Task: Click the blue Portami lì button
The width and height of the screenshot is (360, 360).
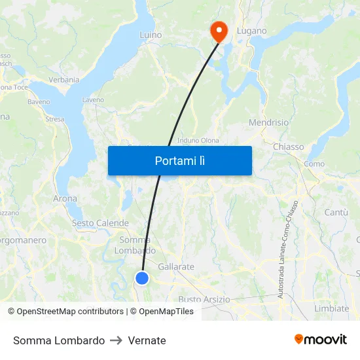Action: click(x=179, y=160)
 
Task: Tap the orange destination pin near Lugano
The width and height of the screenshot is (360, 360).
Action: click(x=217, y=31)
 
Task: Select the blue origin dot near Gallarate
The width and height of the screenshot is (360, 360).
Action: click(x=142, y=278)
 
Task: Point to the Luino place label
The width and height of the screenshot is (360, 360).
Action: click(x=151, y=35)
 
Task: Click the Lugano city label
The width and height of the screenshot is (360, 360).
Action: click(x=252, y=31)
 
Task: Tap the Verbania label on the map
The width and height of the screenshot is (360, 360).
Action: click(x=63, y=80)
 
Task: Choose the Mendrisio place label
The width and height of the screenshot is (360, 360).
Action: click(x=268, y=122)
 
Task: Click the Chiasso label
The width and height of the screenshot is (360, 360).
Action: click(x=288, y=147)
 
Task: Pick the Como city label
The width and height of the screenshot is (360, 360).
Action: click(x=314, y=164)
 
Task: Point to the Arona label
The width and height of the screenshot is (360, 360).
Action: click(x=65, y=198)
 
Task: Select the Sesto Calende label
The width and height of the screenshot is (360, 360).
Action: click(x=100, y=223)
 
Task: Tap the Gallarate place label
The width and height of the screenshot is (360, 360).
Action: click(x=176, y=267)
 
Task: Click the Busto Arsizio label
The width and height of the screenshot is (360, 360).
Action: click(x=204, y=299)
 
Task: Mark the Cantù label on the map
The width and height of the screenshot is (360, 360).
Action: click(x=336, y=212)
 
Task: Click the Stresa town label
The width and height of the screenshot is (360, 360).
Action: click(x=55, y=119)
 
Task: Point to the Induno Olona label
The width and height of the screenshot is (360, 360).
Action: click(x=198, y=140)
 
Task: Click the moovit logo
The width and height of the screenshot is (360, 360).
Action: click(x=321, y=340)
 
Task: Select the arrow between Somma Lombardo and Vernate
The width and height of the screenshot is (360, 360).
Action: click(x=117, y=340)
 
